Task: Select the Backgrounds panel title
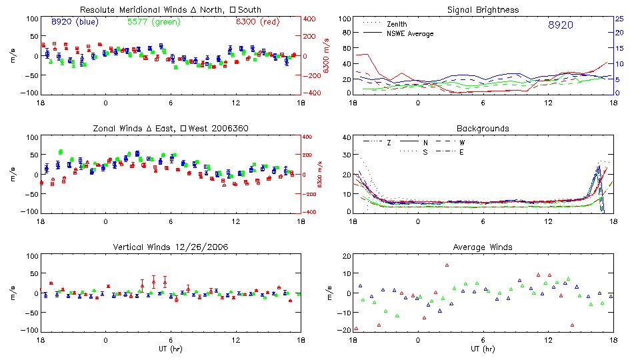tap(483, 129)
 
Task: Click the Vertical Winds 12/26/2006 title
tap(171, 247)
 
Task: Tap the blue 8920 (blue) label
tap(74, 22)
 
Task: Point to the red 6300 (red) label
tap(257, 22)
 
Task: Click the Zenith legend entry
tap(397, 25)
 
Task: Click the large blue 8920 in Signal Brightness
tap(560, 25)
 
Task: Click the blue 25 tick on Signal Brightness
tap(619, 19)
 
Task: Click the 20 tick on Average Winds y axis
tap(346, 256)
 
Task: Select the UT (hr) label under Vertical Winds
tap(171, 349)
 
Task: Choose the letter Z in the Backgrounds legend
tap(389, 143)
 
